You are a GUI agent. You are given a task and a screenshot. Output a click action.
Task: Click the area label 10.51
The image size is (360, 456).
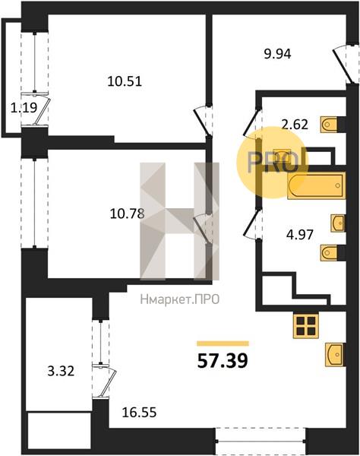click(125, 81)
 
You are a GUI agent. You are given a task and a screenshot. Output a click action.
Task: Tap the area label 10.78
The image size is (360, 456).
click(127, 214)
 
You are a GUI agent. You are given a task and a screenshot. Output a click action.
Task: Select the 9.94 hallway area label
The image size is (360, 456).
click(277, 54)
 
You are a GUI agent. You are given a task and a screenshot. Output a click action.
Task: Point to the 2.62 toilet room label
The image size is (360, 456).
click(295, 125)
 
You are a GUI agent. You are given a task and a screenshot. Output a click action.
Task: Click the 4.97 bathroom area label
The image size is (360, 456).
click(300, 234)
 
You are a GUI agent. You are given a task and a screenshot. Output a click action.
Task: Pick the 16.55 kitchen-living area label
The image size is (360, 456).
click(139, 412)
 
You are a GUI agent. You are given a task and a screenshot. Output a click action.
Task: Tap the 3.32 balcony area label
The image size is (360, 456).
click(61, 372)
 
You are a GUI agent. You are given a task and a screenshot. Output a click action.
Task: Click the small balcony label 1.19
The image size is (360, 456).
click(24, 108)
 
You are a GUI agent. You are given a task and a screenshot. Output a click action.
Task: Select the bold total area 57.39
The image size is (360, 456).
click(223, 361)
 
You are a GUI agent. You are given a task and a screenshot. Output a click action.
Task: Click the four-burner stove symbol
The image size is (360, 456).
click(306, 326)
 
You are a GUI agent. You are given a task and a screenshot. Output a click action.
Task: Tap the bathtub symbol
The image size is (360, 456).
click(316, 185)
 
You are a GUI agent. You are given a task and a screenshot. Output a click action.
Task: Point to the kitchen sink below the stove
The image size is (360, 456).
click(335, 354)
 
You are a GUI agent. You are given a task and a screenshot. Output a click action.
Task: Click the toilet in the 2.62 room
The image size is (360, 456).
click(330, 125)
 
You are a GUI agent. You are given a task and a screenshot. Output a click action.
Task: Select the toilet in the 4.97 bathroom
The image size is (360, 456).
click(330, 252)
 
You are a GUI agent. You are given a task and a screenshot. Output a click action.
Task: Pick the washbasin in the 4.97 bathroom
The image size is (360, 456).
click(338, 223)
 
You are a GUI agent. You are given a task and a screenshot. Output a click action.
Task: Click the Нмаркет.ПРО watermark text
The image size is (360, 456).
click(180, 299)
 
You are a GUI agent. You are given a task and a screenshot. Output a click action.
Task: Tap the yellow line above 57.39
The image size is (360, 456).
click(223, 344)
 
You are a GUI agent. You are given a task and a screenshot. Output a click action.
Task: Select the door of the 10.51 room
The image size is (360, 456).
click(204, 121)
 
